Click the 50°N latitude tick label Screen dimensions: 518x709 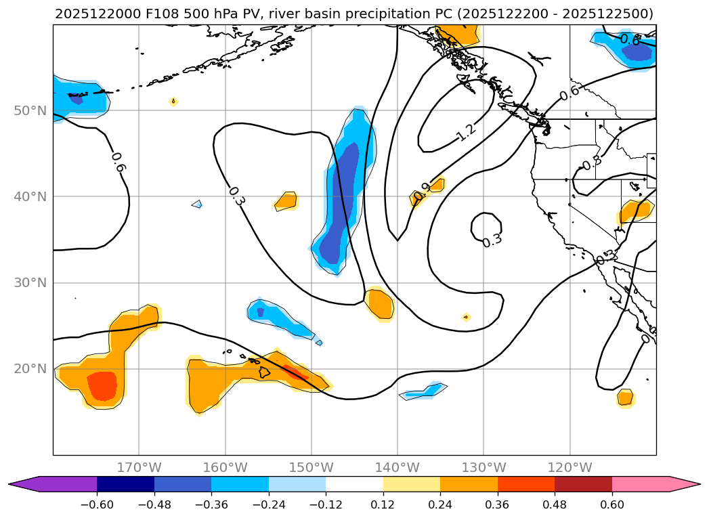coord(30,110)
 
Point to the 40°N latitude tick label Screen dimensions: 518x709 coord(30,196)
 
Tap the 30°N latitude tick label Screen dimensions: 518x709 coord(30,282)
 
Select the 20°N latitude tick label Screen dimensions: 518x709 coord(30,369)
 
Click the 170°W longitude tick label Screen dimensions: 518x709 coord(139,467)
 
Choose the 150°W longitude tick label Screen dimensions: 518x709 coord(311,467)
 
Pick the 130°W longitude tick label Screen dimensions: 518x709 coord(484,467)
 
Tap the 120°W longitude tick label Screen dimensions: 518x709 coord(570,467)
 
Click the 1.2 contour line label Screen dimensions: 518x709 coord(466,132)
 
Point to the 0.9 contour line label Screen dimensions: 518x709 coord(423,192)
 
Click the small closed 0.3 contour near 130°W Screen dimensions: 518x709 coord(486,227)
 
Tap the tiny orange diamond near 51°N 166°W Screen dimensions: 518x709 coord(173,102)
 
